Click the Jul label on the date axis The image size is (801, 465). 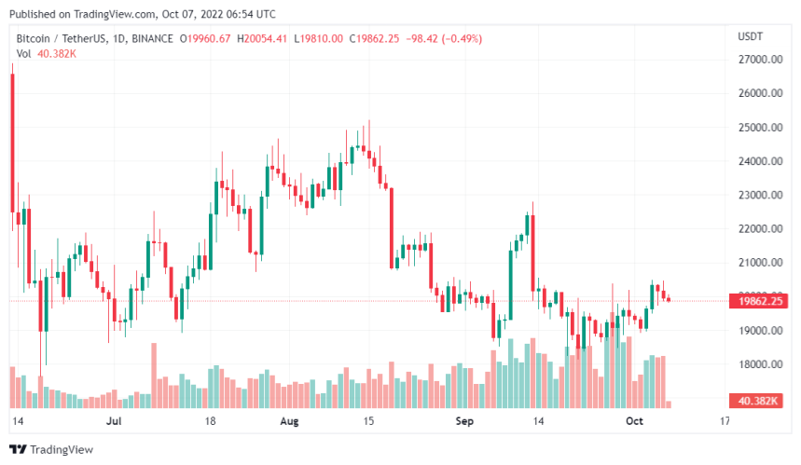tap(114, 421)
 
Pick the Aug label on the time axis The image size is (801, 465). tap(290, 421)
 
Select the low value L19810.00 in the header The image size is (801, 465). tap(318, 38)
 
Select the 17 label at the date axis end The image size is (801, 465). tap(724, 421)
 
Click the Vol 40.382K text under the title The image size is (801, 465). tap(46, 53)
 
